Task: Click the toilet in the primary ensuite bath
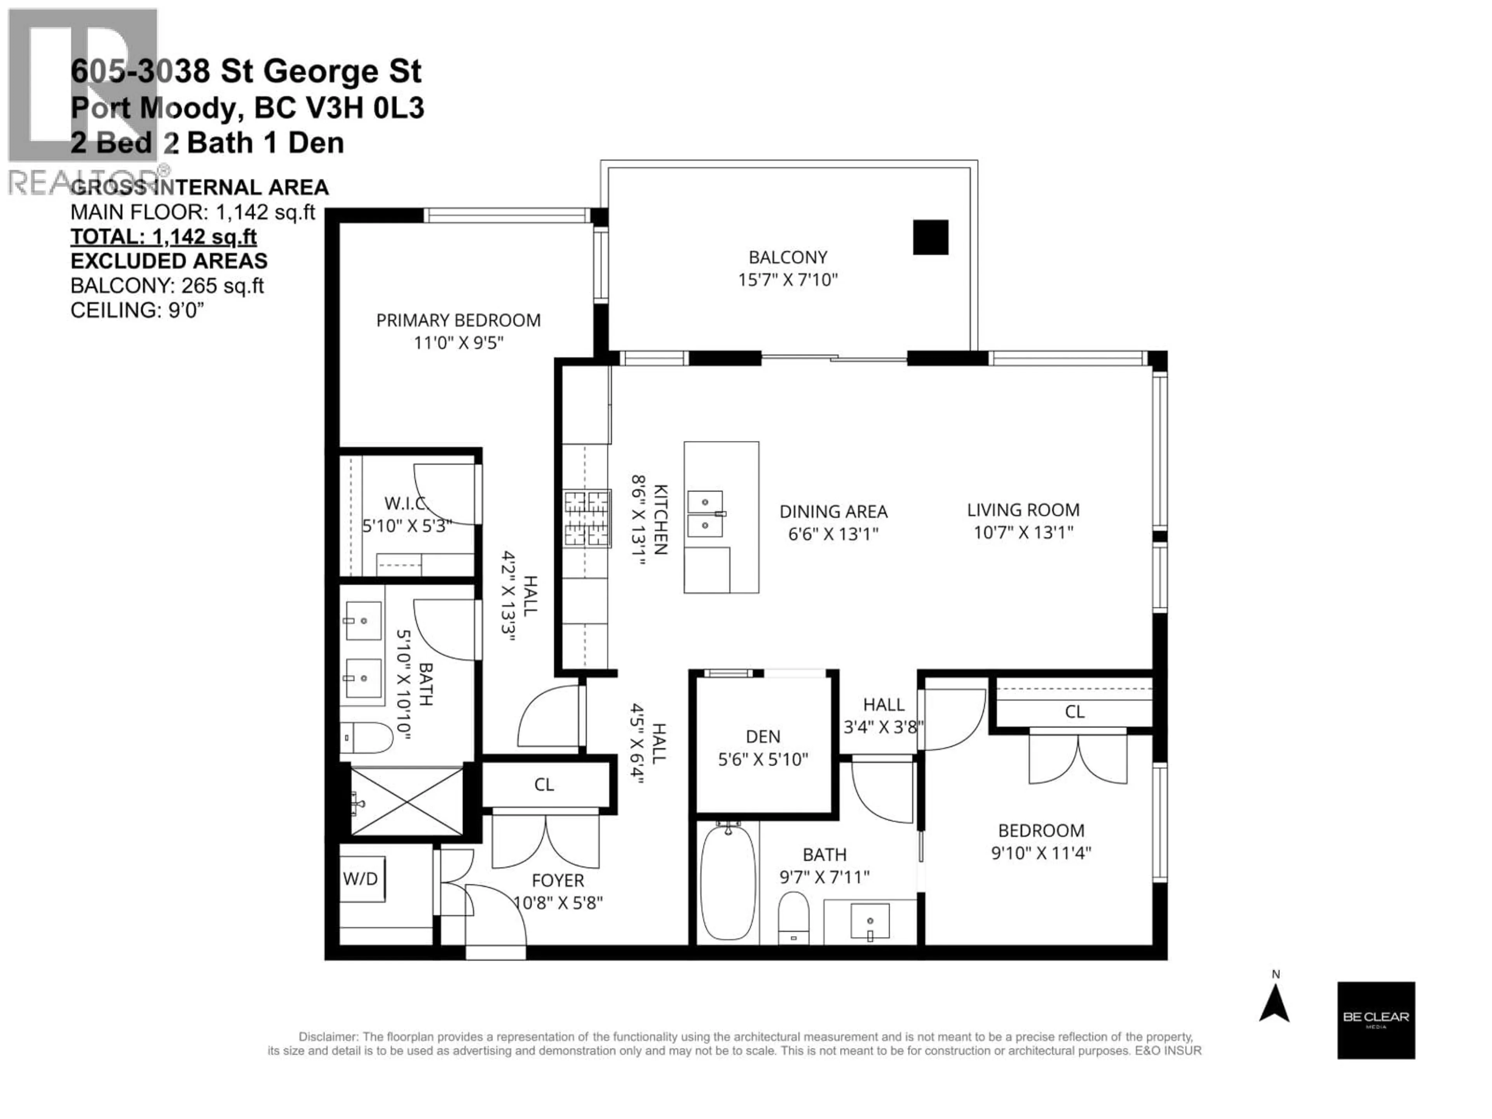tap(366, 738)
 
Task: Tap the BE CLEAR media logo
tap(1376, 1020)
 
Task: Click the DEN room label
tap(763, 737)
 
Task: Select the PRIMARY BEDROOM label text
tap(458, 321)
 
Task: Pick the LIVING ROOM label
tap(1023, 510)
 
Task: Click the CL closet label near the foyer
tap(544, 784)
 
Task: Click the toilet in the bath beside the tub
tap(793, 917)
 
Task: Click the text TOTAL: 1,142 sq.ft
tap(163, 237)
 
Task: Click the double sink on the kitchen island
tap(705, 513)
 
